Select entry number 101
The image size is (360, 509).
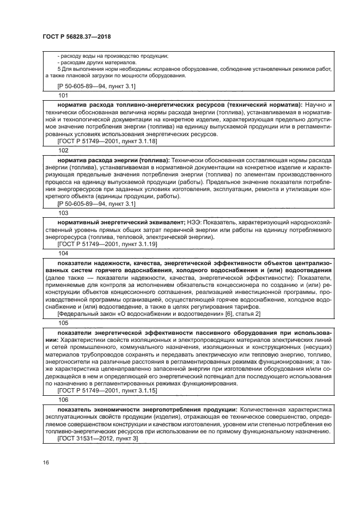63,95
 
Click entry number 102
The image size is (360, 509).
63,150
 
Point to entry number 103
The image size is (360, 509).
63,213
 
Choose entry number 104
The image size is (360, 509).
63,253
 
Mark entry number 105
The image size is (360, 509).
63,323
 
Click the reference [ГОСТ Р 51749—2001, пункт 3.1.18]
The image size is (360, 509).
108,141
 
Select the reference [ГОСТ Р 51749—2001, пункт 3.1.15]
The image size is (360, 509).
108,390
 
